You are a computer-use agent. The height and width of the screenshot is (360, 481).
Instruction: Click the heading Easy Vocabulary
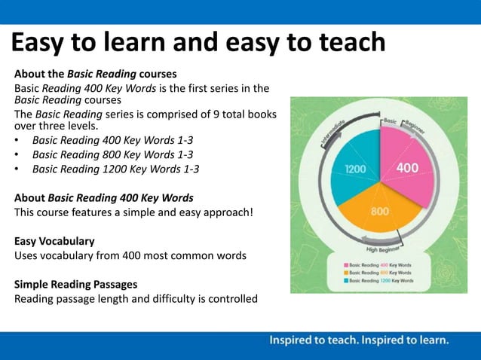54,241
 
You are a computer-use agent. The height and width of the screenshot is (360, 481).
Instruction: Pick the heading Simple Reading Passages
75,284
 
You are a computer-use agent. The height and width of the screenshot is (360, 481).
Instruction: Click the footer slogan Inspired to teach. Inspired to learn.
359,340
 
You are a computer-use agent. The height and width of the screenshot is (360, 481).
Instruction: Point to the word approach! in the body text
225,212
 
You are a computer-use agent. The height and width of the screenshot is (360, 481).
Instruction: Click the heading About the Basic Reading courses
95,75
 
